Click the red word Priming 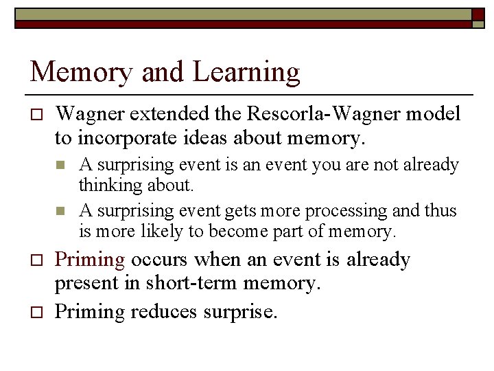click(x=90, y=260)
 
